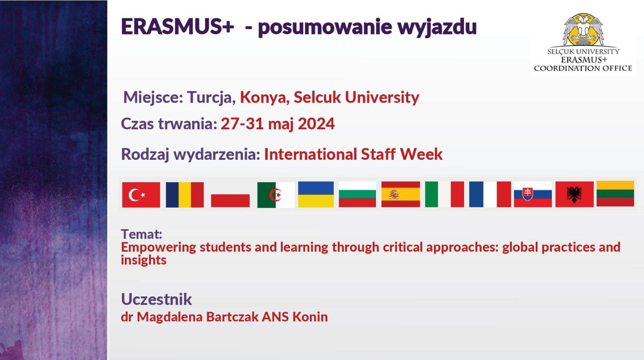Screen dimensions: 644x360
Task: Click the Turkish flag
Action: pyautogui.click(x=141, y=194)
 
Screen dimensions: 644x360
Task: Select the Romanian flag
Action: pyautogui.click(x=185, y=194)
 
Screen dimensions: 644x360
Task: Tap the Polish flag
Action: pyautogui.click(x=230, y=194)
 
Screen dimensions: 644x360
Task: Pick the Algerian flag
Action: pyautogui.click(x=276, y=194)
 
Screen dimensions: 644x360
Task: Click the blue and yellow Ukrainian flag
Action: pyautogui.click(x=316, y=194)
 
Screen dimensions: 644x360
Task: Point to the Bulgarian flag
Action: pyautogui.click(x=357, y=194)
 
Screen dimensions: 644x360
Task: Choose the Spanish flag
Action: pyautogui.click(x=401, y=194)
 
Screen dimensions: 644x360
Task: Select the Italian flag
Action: pyautogui.click(x=444, y=194)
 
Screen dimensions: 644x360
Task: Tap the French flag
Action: pyautogui.click(x=490, y=194)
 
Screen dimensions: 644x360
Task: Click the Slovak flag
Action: pyautogui.click(x=533, y=194)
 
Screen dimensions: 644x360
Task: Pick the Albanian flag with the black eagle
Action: pyautogui.click(x=574, y=194)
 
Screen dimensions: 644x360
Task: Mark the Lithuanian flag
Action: pyautogui.click(x=615, y=194)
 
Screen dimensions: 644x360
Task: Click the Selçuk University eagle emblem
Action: pyautogui.click(x=583, y=30)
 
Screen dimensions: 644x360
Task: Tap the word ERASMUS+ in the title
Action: pyautogui.click(x=178, y=27)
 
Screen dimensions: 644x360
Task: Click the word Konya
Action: pyautogui.click(x=264, y=97)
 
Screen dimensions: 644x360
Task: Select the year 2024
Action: pyautogui.click(x=316, y=124)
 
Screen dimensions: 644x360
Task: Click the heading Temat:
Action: pyautogui.click(x=141, y=234)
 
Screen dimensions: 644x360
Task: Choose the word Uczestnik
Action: pyautogui.click(x=157, y=299)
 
